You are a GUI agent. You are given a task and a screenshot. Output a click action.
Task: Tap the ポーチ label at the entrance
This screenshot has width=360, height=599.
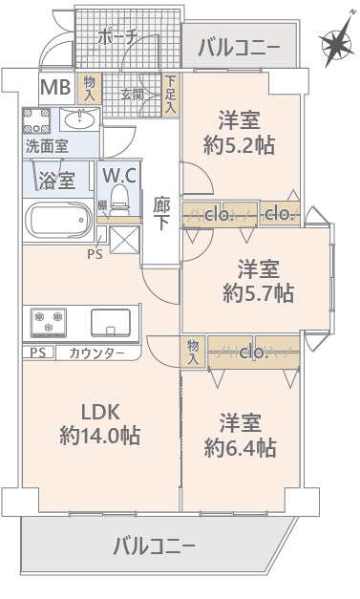[x=119, y=37]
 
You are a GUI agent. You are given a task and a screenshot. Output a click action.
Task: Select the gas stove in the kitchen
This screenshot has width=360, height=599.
[x=49, y=322]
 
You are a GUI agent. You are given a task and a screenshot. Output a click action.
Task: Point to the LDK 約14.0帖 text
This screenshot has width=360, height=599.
[x=99, y=425]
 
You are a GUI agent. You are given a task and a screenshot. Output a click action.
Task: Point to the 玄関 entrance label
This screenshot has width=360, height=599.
[x=132, y=95]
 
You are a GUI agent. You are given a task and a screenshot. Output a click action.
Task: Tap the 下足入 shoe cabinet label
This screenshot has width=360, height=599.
[x=171, y=95]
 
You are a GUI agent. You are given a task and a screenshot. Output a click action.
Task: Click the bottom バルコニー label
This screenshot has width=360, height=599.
[x=154, y=546]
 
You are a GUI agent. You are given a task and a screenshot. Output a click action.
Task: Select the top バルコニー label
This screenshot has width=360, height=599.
[x=239, y=47]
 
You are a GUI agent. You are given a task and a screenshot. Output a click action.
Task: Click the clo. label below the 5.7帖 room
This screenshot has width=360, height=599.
[x=253, y=353]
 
